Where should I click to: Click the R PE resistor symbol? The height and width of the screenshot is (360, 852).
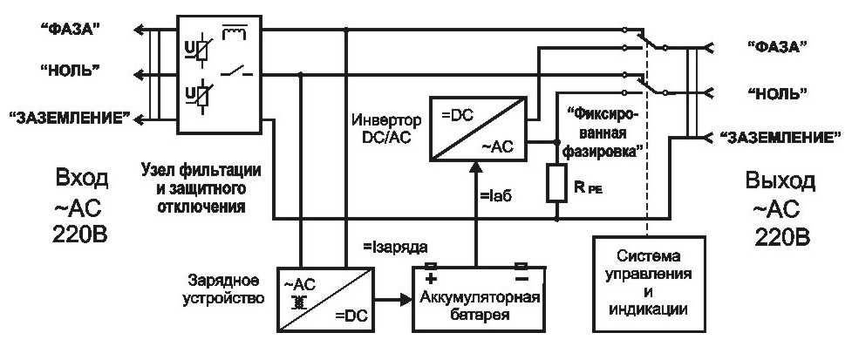[557, 183]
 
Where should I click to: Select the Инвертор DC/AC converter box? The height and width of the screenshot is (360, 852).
[478, 129]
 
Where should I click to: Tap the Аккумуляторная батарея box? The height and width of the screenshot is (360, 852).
[479, 299]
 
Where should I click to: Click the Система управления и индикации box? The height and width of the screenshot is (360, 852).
[648, 284]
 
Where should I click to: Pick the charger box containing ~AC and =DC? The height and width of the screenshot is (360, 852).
[325, 299]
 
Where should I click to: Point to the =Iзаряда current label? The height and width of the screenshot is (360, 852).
[396, 248]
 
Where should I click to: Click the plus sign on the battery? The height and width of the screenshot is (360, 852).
[430, 279]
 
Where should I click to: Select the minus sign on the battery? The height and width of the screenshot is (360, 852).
[521, 279]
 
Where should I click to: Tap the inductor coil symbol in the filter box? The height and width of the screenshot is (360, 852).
[235, 34]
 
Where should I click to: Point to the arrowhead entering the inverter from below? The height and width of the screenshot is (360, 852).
[477, 168]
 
